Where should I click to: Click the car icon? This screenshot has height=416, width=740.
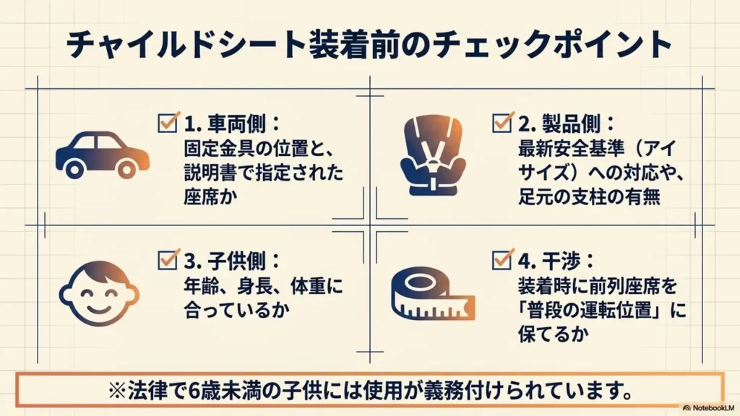103,155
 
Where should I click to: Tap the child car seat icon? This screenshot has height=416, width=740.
433,155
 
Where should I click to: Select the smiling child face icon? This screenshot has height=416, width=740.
99,293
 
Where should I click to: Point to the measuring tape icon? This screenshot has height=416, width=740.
433,293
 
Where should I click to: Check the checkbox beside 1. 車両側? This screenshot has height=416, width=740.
168,123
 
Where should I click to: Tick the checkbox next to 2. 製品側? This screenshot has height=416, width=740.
502,123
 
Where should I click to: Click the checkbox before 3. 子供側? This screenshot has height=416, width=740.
168,260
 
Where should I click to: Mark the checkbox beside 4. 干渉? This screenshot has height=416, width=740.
502,260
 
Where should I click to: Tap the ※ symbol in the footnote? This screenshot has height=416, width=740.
116,390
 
